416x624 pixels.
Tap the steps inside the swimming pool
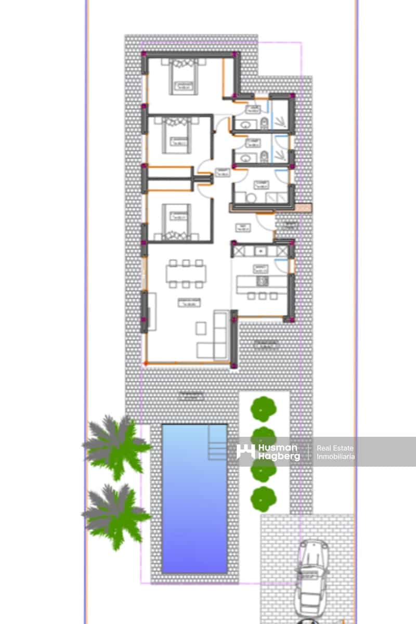point(217,443)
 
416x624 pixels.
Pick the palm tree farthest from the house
point(115,515)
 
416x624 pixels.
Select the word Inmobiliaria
point(336,457)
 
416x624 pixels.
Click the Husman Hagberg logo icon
point(245,451)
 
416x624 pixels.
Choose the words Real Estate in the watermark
point(335,448)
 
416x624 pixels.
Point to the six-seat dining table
point(186,274)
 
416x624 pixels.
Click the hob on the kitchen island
point(263,282)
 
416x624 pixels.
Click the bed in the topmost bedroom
point(183,78)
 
